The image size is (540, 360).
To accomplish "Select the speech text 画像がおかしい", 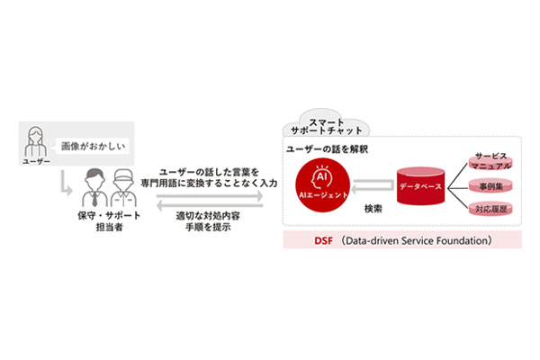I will [x=93, y=144].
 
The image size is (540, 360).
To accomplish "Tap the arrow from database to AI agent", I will [x=369, y=187].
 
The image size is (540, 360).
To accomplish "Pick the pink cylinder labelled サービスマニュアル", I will [x=493, y=160].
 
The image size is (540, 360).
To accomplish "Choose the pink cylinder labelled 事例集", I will [x=493, y=187].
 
